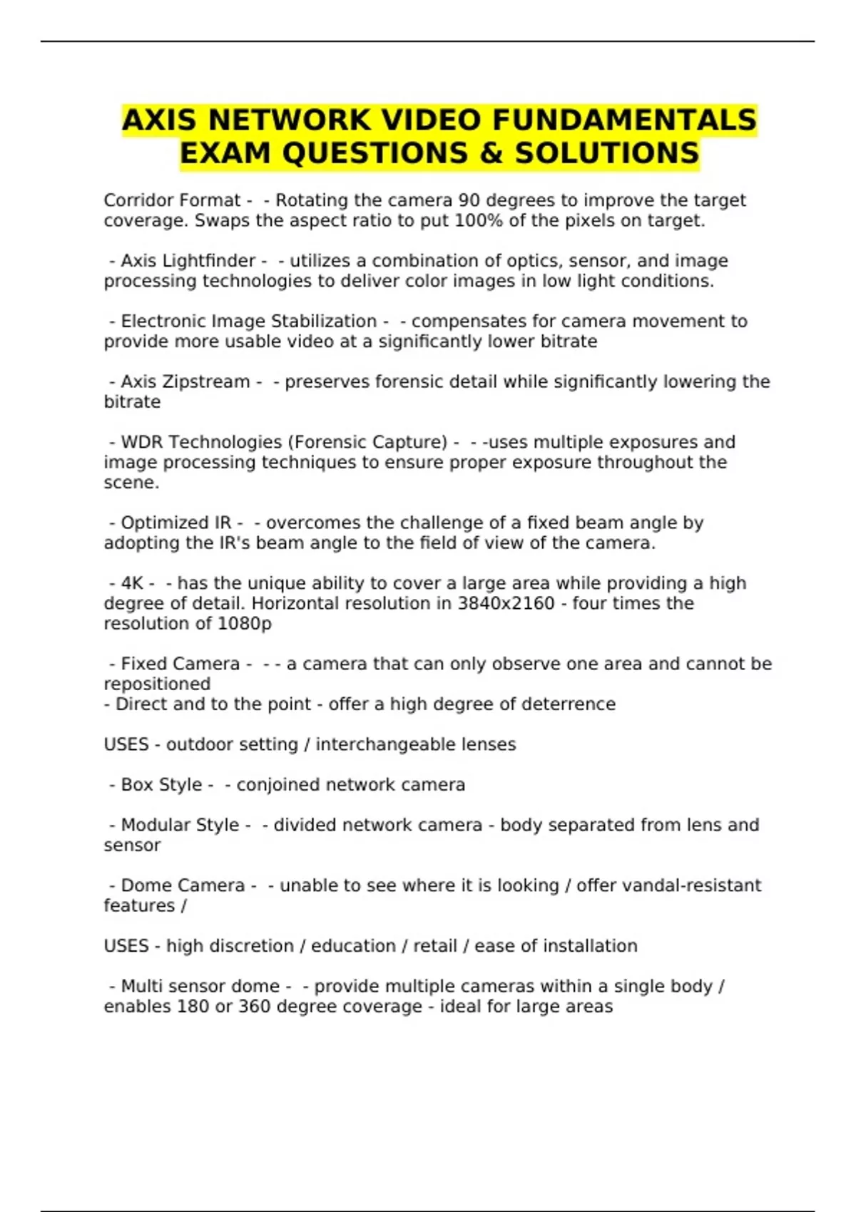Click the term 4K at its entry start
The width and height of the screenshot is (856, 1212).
(x=133, y=583)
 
